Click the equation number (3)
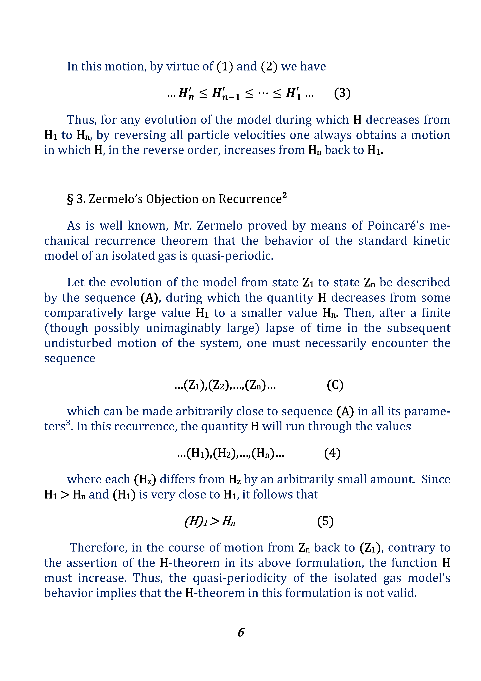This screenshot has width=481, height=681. pyautogui.click(x=342, y=93)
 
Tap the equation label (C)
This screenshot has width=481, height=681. pyautogui.click(x=335, y=385)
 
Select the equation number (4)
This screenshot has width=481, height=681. pyautogui.click(x=332, y=453)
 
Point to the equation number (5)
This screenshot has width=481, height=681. pyautogui.click(x=325, y=521)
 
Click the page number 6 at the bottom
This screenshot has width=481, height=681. pyautogui.click(x=241, y=632)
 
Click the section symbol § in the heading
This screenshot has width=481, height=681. pyautogui.click(x=70, y=199)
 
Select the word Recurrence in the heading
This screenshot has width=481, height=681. pyautogui.click(x=250, y=199)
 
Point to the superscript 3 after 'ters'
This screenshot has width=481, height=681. pyautogui.click(x=68, y=422)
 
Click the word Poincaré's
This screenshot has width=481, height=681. pyautogui.click(x=396, y=226)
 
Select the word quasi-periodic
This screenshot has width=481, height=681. pyautogui.click(x=232, y=256)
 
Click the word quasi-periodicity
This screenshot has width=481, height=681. pyautogui.click(x=240, y=578)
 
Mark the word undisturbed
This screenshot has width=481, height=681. pyautogui.click(x=78, y=343)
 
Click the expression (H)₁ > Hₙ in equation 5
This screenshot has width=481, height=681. pyautogui.click(x=210, y=521)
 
